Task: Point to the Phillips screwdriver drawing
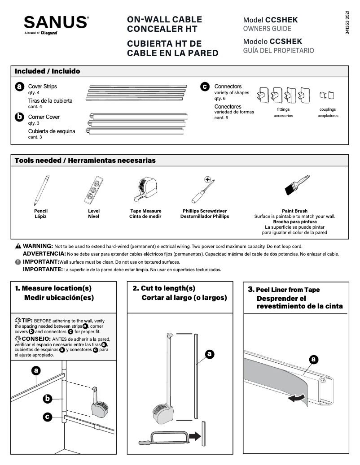point(203,191)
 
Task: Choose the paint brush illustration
point(297,185)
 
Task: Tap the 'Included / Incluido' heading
point(48,71)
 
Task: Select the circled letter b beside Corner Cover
point(19,117)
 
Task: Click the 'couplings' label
point(327,109)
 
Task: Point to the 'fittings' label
point(283,109)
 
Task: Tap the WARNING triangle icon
point(18,246)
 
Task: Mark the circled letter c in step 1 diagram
point(47,417)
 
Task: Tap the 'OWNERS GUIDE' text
point(267,29)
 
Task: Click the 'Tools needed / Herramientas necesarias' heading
point(85,161)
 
